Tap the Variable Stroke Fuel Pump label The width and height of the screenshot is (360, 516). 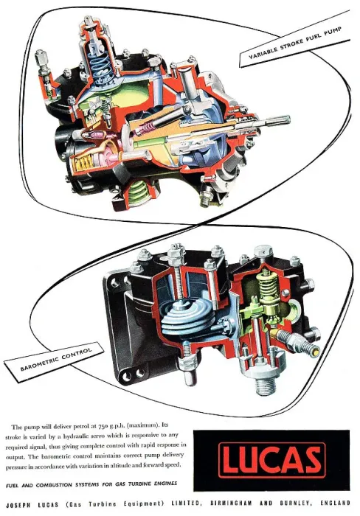pos(295,43)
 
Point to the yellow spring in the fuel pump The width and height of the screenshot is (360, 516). pos(83,163)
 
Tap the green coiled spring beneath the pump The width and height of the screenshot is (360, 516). pos(139,193)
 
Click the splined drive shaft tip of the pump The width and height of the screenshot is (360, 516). pos(277,122)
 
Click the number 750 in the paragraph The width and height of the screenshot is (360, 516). pos(104,427)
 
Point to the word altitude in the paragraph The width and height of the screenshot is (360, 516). pos(127,465)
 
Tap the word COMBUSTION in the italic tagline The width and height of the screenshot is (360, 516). pos(54,485)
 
